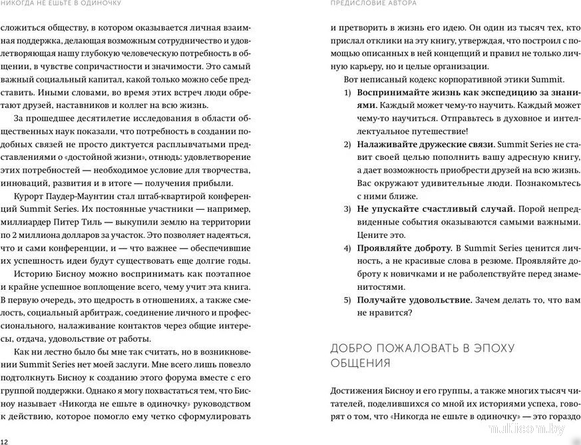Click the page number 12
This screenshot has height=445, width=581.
[x=5, y=441]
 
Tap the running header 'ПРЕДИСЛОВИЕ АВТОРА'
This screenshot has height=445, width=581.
[x=373, y=4]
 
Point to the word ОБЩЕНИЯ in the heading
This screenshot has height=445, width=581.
[x=361, y=363]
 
